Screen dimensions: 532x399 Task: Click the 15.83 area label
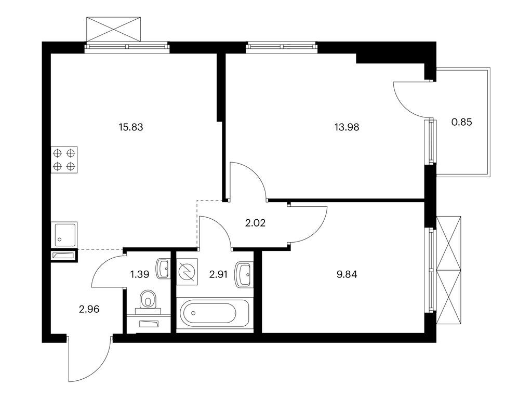pos(131,127)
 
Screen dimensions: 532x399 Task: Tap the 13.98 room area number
pos(347,127)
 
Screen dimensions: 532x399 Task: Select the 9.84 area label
pos(347,274)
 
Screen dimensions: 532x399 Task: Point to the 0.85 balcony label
pos(462,122)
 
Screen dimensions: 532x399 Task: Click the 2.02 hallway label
pos(255,223)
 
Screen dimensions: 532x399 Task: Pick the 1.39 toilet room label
pos(140,274)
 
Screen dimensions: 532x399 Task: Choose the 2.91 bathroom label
pos(218,274)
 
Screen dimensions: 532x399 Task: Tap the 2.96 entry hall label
pos(89,309)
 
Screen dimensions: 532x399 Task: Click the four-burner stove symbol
pos(64,160)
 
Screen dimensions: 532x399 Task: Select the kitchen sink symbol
pos(64,234)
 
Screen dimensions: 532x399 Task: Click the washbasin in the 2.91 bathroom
pos(244,274)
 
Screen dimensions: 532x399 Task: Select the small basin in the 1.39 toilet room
pos(163,269)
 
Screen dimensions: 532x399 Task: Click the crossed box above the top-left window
pos(113,29)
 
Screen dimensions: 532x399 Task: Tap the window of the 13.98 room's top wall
pos(282,47)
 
